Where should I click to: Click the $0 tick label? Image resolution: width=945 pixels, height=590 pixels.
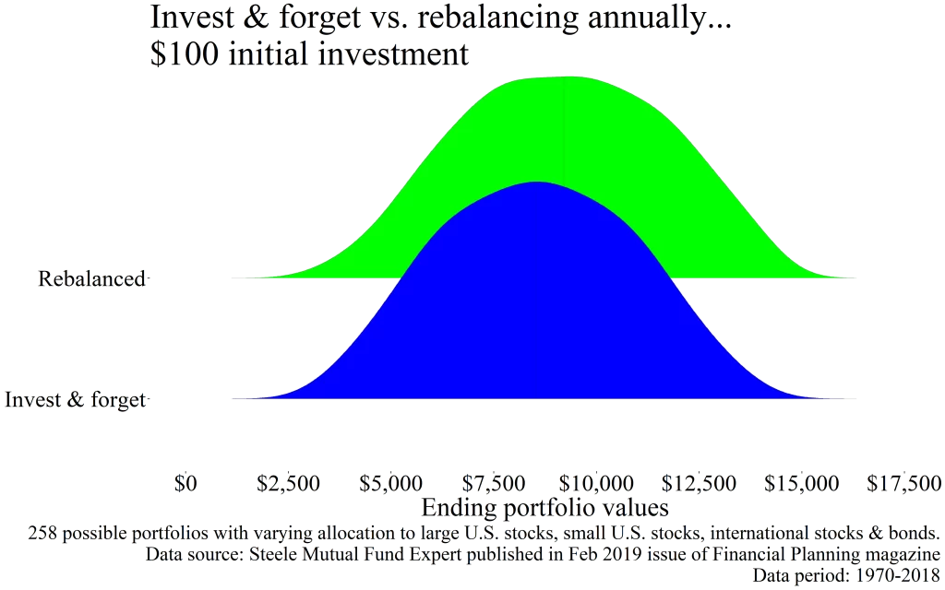pyautogui.click(x=186, y=482)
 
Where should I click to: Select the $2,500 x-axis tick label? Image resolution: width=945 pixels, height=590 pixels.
pyautogui.click(x=289, y=482)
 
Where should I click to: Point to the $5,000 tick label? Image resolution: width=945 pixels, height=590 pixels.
pyautogui.click(x=391, y=482)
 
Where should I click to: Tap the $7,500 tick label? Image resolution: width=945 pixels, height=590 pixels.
pyautogui.click(x=496, y=482)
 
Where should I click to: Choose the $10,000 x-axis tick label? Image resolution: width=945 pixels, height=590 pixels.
pyautogui.click(x=597, y=482)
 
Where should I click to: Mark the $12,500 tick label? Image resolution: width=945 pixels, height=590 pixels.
pyautogui.click(x=700, y=482)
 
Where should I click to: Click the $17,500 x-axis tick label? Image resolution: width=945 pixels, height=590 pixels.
pyautogui.click(x=905, y=482)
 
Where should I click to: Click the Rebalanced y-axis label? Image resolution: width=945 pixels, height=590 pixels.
pyautogui.click(x=92, y=277)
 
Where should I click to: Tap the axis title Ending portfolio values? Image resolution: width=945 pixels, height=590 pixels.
pyautogui.click(x=544, y=507)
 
